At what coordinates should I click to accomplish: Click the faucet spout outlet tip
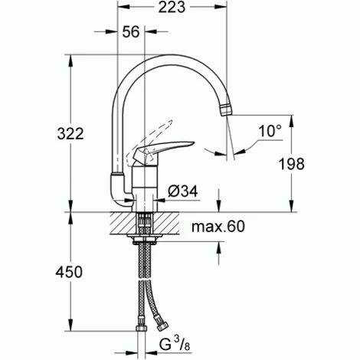226,109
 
